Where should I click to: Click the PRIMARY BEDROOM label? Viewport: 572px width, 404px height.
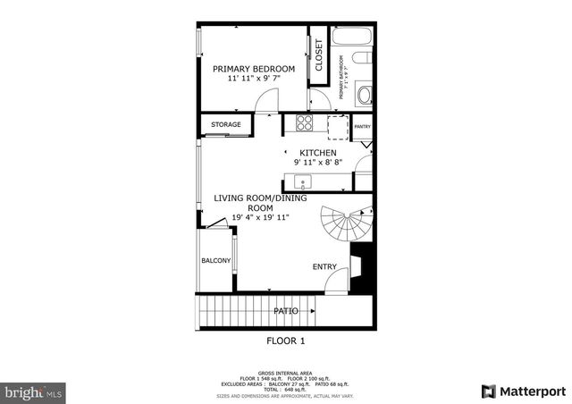coord(254,68)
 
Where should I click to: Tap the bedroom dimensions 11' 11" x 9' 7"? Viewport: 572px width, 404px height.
coord(254,80)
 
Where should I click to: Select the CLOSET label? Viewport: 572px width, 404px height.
coord(318,55)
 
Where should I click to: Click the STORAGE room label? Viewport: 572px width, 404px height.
coord(226,124)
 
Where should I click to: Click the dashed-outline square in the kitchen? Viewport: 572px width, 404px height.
coord(337,127)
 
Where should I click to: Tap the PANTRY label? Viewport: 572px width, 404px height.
coord(362,127)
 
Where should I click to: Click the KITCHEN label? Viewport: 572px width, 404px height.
coord(318,153)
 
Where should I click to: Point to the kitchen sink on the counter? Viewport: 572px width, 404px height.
coord(303,181)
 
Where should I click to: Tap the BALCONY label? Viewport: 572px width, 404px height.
coord(216,261)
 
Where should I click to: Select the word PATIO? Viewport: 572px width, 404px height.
coord(286,311)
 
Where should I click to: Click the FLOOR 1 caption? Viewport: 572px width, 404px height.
coord(286,341)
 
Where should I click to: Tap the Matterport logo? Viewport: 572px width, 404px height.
coord(522,391)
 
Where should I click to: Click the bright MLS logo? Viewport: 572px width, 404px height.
coord(34,391)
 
